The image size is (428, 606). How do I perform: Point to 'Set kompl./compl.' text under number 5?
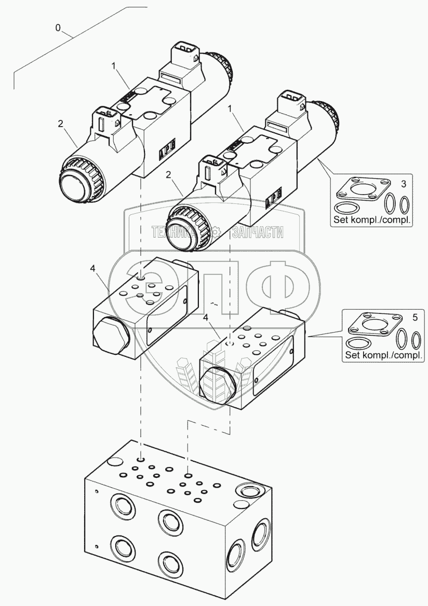383,355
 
